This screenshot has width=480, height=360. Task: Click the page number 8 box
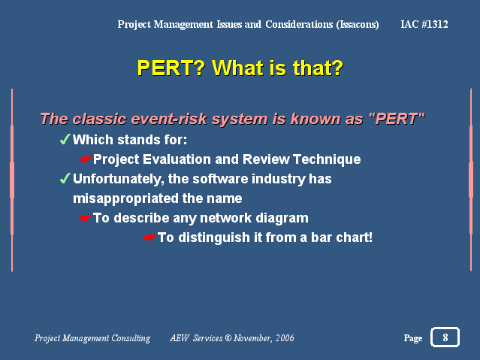click(445, 337)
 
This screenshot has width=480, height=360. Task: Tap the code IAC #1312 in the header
click(424, 24)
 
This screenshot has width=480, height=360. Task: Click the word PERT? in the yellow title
click(171, 68)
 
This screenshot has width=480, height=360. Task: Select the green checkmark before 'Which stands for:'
click(65, 139)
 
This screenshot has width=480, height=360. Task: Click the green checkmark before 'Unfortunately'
click(65, 178)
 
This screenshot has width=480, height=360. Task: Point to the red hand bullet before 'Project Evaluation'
click(86, 159)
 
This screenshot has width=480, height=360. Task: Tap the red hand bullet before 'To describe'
click(86, 218)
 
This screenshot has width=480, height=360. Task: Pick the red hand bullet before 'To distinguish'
click(150, 237)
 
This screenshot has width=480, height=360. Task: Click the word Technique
click(327, 159)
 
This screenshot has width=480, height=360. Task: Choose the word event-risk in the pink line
click(169, 119)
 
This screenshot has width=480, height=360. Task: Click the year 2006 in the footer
click(285, 338)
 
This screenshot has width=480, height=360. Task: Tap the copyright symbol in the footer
click(228, 338)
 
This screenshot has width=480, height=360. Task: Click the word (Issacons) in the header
click(358, 25)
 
